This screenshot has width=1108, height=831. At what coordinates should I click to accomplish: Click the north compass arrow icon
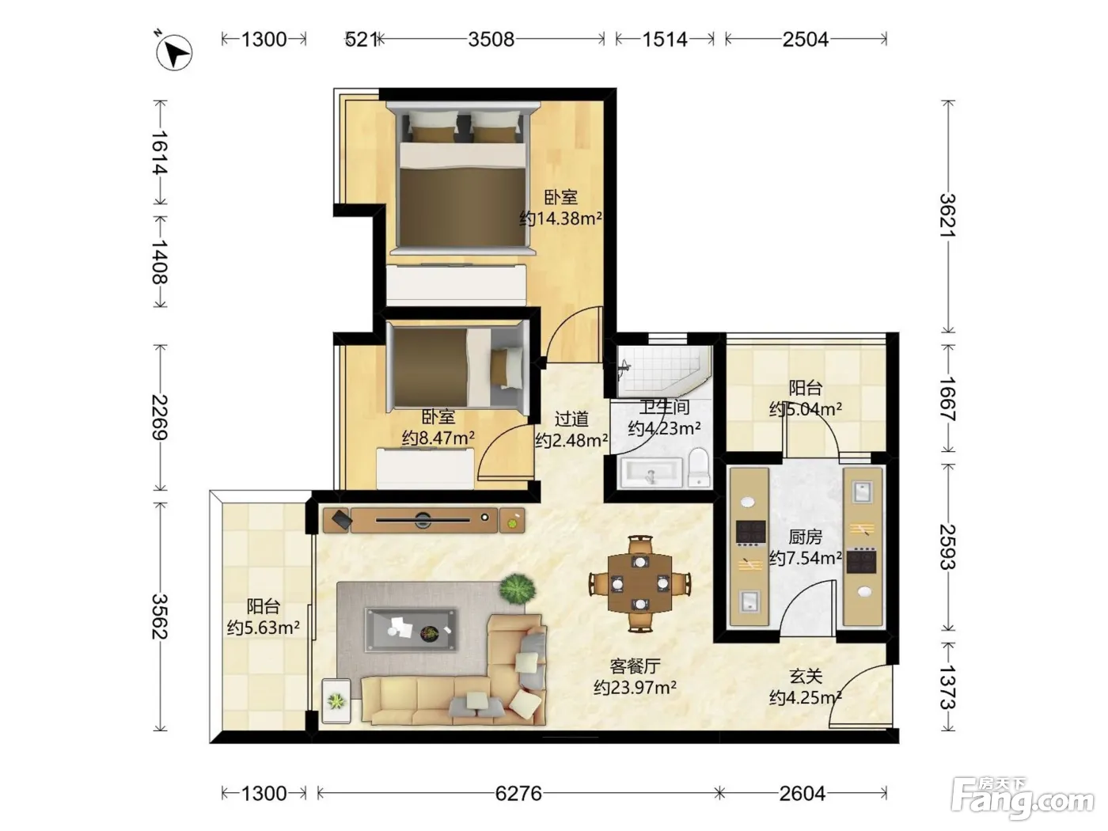[x=173, y=52]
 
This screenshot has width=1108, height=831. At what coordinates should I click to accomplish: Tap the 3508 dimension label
[x=491, y=39]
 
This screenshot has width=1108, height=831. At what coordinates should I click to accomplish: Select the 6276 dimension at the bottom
[x=518, y=794]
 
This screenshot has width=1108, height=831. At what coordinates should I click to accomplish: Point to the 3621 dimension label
[x=947, y=215]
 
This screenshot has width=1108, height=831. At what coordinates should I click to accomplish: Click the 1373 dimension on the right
[x=947, y=687]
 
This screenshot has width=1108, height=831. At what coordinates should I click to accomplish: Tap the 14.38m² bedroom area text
[x=560, y=219]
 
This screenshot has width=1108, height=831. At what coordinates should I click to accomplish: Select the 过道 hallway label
[x=571, y=419]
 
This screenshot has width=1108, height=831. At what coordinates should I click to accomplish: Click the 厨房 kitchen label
[x=805, y=537]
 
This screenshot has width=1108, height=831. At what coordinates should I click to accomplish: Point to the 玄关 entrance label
[x=806, y=676]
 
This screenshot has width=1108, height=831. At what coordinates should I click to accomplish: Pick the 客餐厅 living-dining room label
[x=635, y=666]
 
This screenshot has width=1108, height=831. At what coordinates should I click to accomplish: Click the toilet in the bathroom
[x=699, y=468]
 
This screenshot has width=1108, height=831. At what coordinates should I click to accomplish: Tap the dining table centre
[x=639, y=583]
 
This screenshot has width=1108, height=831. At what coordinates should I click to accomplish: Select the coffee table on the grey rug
[x=412, y=630]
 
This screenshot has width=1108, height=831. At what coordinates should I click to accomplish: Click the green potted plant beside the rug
[x=517, y=589]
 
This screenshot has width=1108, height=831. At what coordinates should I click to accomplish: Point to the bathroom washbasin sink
[x=651, y=472]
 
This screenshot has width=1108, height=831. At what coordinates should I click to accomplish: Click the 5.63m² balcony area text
[x=263, y=628]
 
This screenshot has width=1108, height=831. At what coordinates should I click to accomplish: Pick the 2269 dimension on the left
[x=160, y=417]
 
